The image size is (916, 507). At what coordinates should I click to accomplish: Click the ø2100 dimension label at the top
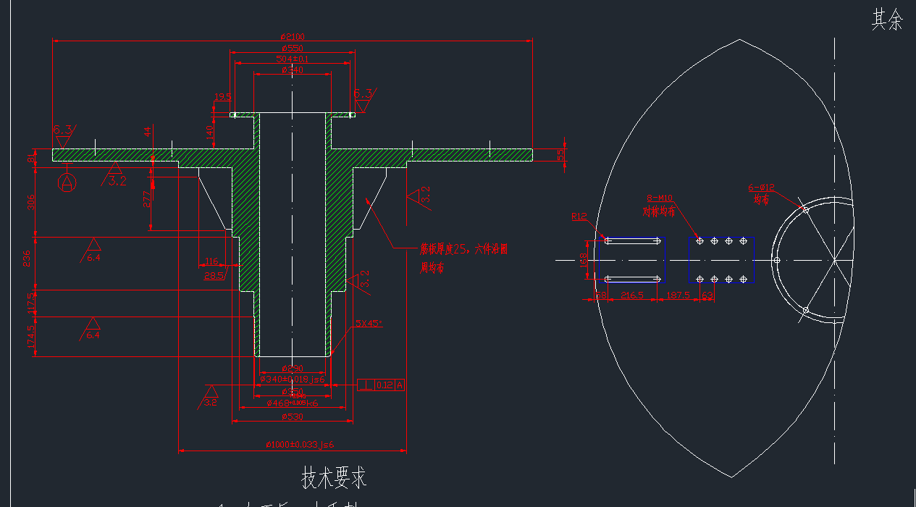(292, 37)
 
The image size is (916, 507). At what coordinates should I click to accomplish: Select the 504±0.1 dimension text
(292, 59)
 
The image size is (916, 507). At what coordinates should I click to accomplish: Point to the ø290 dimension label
(292, 369)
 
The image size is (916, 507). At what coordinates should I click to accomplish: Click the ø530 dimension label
(293, 416)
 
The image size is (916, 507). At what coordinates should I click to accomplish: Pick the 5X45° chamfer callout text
(369, 324)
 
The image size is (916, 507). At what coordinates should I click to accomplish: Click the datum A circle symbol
(67, 182)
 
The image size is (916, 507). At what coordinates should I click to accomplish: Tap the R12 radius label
(579, 217)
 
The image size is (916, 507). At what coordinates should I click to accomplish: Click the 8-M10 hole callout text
(659, 198)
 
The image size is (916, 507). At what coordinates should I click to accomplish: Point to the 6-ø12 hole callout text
(761, 188)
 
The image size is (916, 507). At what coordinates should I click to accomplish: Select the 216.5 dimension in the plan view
(632, 296)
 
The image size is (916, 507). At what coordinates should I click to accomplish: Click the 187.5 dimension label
(678, 296)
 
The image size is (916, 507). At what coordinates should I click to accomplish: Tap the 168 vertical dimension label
(584, 259)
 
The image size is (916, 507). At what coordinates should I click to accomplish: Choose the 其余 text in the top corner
(887, 20)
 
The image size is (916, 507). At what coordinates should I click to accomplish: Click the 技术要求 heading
(334, 477)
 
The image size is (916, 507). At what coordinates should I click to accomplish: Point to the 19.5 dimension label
(222, 97)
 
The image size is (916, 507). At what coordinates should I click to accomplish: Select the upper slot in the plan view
(632, 240)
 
